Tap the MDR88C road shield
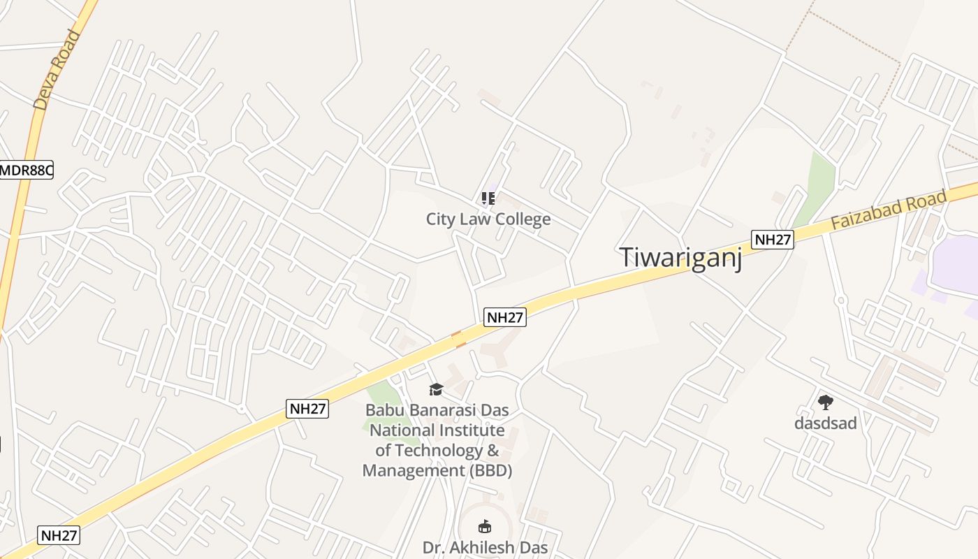27,170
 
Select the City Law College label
488,219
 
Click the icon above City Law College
488,198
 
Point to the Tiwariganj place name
680,257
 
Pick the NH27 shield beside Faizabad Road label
773,240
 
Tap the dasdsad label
825,423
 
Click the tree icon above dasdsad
825,402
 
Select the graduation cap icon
436,389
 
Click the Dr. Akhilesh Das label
485,547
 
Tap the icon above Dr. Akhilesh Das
484,525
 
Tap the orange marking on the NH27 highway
459,340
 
